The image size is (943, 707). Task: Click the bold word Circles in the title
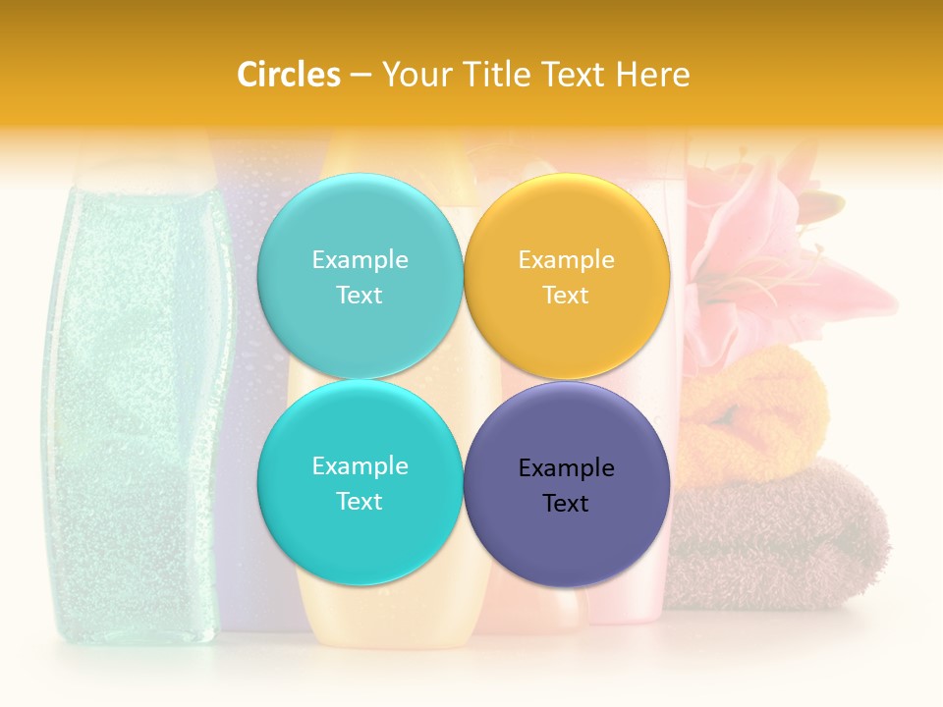[x=289, y=75]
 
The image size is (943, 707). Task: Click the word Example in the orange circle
[x=567, y=260]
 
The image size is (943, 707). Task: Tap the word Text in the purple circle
[x=566, y=504]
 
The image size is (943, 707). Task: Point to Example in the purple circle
[x=567, y=468]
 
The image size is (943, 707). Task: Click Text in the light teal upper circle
[x=360, y=296]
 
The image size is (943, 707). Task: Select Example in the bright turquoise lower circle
[x=360, y=466]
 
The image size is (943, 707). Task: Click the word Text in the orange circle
[x=566, y=296]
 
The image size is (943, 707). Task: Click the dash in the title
[x=361, y=76]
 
